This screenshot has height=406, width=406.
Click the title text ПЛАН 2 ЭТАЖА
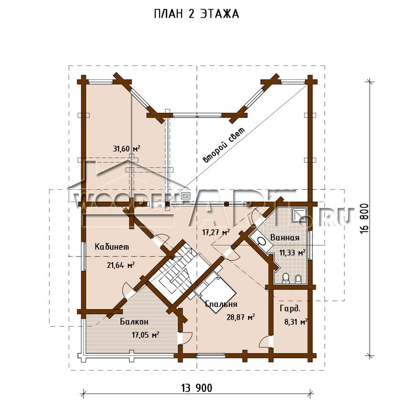(196, 14)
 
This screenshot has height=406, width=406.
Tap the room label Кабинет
(112, 246)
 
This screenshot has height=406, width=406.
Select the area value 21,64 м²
(120, 265)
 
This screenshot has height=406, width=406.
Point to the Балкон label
(134, 321)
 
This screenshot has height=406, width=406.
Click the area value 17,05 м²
(145, 335)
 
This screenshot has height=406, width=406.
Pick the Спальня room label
(221, 304)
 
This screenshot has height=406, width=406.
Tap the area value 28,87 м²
(241, 317)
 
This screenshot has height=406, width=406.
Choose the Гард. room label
(290, 309)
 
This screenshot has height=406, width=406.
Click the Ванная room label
(285, 237)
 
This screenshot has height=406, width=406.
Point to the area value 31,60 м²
(127, 149)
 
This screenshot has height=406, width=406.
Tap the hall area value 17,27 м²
(216, 232)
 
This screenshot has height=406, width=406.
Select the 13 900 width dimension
(196, 388)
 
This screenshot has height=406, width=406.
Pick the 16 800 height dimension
(364, 218)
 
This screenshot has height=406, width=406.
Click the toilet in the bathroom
(286, 278)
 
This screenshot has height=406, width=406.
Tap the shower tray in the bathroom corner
(299, 214)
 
